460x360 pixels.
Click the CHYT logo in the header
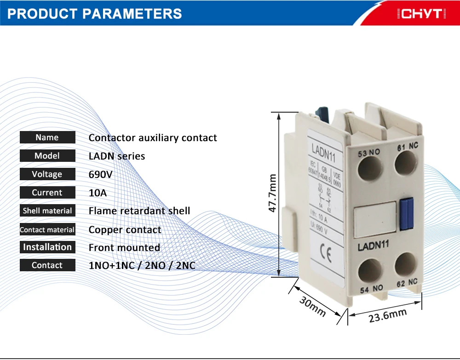pyautogui.click(x=421, y=14)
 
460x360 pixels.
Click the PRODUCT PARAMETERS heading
pyautogui.click(x=95, y=13)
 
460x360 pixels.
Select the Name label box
pyautogui.click(x=47, y=137)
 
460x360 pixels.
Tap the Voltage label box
pyautogui.click(x=47, y=174)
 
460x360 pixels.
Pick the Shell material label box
pyautogui.click(x=47, y=211)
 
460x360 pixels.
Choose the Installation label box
pyautogui.click(x=47, y=247)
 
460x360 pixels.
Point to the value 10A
pyautogui.click(x=98, y=193)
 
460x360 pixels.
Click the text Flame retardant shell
pyautogui.click(x=139, y=211)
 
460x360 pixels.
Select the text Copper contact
pyautogui.click(x=125, y=229)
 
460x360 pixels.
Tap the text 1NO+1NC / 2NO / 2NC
pyautogui.click(x=145, y=266)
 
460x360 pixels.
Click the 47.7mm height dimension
pyautogui.click(x=272, y=194)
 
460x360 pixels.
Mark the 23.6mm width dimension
pyautogui.click(x=387, y=315)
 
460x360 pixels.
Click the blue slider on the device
pyautogui.click(x=406, y=213)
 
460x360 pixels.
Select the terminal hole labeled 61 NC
pyautogui.click(x=405, y=163)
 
